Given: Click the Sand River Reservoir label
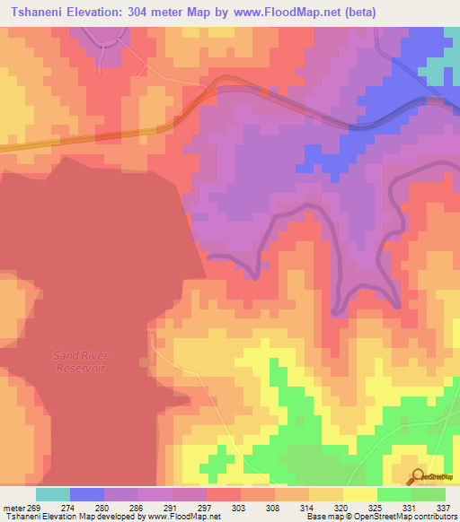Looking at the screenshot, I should [x=80, y=361].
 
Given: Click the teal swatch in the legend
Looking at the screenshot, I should [x=52, y=494].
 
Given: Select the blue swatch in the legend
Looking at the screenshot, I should [x=86, y=494].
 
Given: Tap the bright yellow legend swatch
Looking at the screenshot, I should [x=359, y=494].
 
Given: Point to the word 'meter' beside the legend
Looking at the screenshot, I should [x=13, y=507].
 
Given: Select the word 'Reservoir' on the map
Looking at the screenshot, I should [x=80, y=368].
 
